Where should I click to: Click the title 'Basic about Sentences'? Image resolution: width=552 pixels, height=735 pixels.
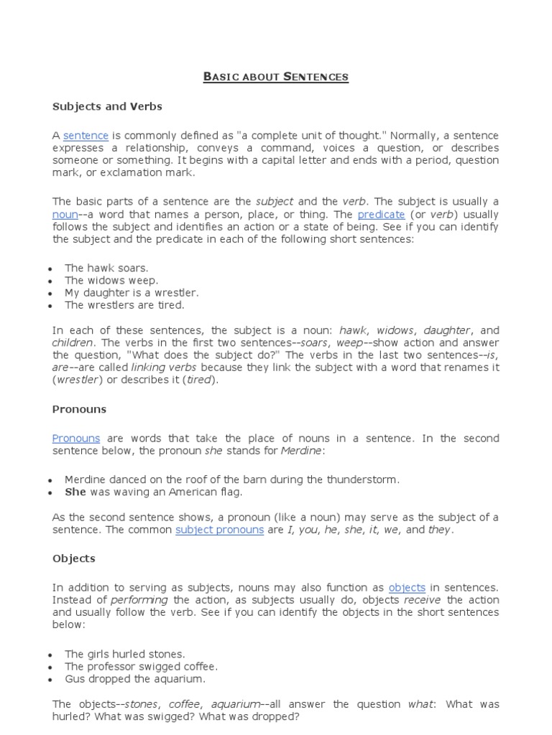(x=275, y=77)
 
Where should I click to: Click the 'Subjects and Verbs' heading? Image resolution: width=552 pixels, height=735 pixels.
(x=107, y=106)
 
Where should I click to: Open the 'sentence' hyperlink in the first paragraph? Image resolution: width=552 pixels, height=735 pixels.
(x=86, y=136)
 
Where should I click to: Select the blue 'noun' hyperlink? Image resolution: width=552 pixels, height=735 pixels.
(x=64, y=215)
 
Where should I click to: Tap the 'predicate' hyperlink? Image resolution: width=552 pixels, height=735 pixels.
(x=381, y=215)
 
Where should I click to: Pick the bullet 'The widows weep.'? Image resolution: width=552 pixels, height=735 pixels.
(x=111, y=281)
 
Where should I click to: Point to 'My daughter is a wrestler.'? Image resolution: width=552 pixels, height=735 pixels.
(x=132, y=293)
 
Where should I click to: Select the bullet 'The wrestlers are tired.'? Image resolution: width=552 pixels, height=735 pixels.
(x=124, y=305)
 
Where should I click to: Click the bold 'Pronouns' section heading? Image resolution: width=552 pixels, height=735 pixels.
(x=79, y=409)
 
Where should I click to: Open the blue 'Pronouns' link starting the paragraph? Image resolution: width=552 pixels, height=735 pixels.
(x=76, y=439)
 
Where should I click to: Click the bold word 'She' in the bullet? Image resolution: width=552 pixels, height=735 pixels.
(x=75, y=492)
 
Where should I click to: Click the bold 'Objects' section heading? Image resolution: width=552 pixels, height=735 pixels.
(x=73, y=558)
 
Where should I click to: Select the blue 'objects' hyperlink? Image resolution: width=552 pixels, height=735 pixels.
(x=407, y=587)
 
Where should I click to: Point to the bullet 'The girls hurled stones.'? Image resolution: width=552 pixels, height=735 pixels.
(x=124, y=654)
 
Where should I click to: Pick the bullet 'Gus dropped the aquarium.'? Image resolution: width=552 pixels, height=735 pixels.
(x=134, y=678)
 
